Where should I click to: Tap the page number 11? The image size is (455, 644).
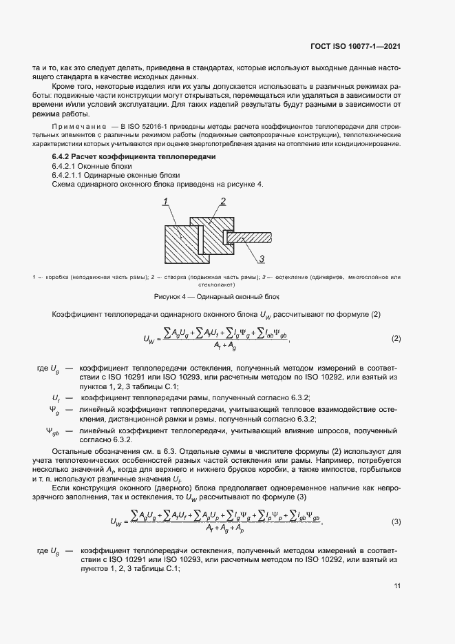coord(397,585)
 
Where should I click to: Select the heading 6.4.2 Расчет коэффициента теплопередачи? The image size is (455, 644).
coord(129,158)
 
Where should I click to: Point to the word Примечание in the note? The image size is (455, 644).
coord(78,125)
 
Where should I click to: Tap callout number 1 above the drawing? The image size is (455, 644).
coord(165,202)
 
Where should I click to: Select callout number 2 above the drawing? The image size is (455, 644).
coord(223,201)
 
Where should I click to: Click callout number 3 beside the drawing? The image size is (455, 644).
coord(262,260)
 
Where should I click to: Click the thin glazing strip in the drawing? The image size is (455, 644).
coord(252,237)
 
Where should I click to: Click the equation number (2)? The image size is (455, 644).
coord(396,339)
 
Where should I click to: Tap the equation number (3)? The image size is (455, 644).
coord(396,521)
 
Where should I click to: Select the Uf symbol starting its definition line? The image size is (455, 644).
coord(56,398)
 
